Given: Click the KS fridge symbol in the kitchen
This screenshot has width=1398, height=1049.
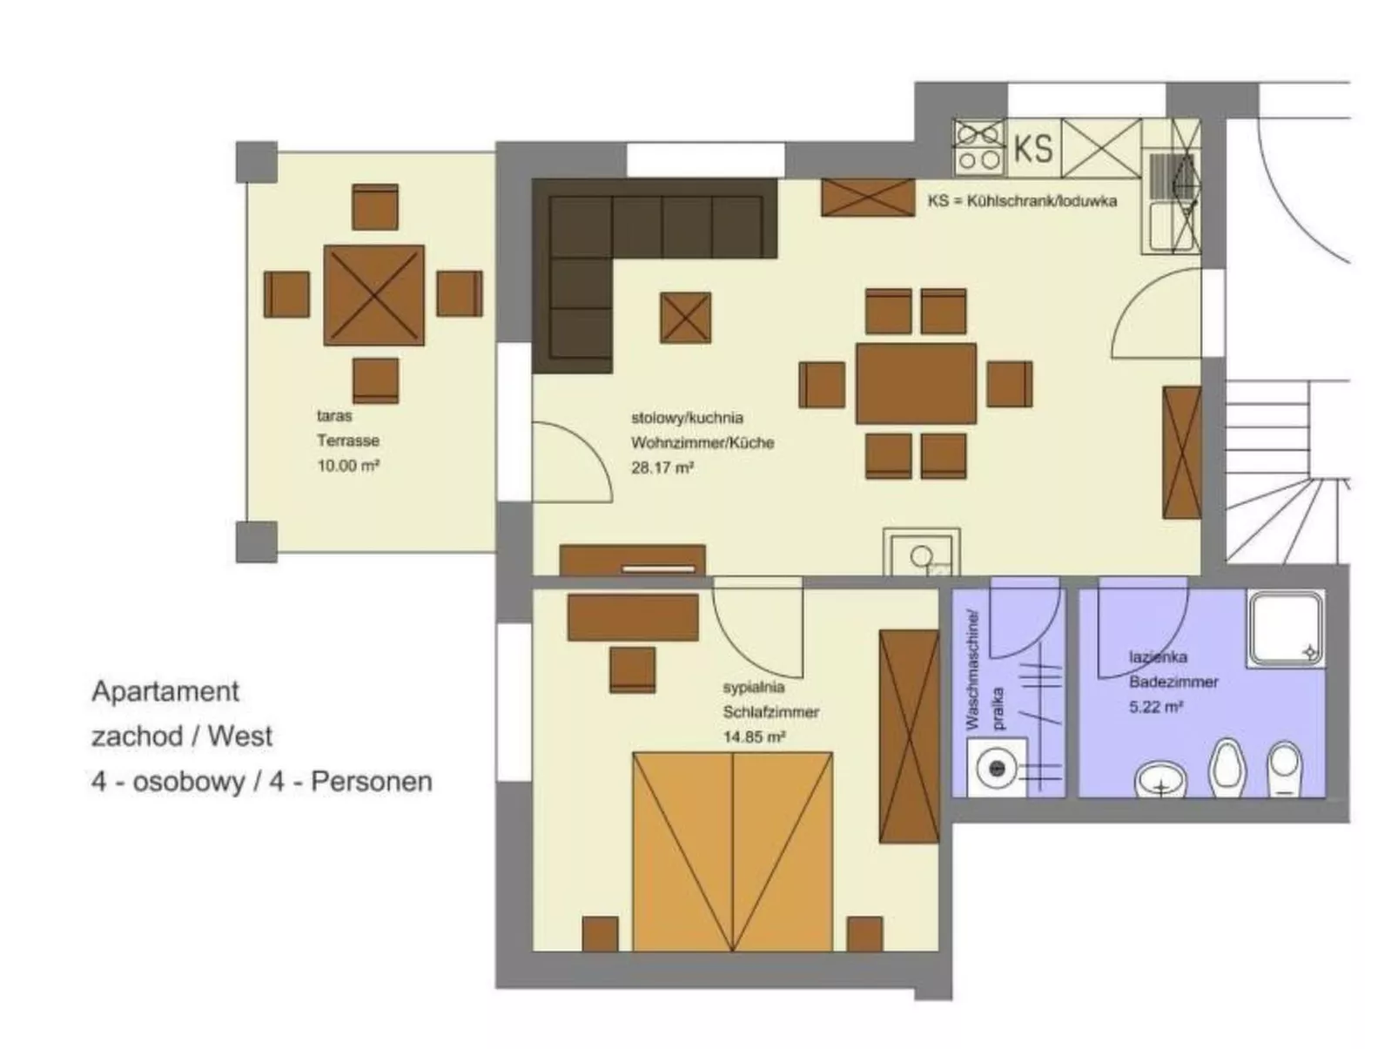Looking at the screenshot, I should pos(1033,148).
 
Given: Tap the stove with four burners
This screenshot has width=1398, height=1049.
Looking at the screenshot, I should pos(979,147).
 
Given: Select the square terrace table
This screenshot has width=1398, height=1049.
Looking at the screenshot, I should pos(373,295).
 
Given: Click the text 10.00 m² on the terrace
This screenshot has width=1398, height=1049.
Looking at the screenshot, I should pos(348,466).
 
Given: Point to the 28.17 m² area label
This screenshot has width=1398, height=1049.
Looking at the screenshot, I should pos(662,467).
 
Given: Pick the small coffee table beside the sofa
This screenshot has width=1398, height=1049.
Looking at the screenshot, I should pos(685,318).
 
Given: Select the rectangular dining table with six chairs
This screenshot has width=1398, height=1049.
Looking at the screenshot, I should pos(916,383).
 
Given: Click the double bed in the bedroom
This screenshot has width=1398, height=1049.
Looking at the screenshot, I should pos(732,851).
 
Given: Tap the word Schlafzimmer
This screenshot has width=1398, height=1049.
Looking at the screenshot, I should pos(770,712).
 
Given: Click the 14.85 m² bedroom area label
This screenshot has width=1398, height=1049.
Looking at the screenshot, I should pos(754,737).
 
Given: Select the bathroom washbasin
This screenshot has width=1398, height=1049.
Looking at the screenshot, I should pos(1161,779).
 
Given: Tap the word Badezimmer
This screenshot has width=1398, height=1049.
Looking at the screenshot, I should pos(1173,682).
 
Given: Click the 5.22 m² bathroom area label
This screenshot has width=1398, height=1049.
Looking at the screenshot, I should pos(1155,707).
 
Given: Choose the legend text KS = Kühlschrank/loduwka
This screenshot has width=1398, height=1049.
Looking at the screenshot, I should pos(1022,201).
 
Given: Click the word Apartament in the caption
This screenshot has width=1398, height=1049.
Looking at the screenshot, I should pos(165,691).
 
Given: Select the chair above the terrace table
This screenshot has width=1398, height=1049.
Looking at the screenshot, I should pos(375,207).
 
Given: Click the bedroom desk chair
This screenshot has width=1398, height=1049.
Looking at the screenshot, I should pos(632,669).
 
